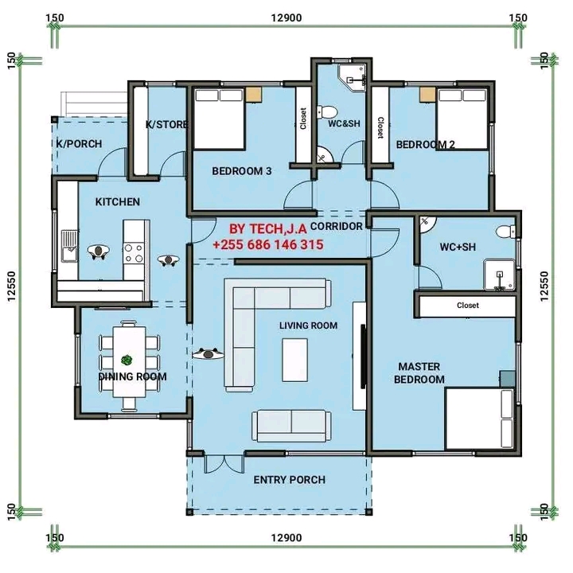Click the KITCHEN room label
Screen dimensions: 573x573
[x=117, y=201]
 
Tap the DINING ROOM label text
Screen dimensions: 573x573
[x=132, y=376]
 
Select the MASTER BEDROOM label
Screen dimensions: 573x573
[x=419, y=372]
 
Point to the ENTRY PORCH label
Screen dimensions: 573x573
[x=290, y=480]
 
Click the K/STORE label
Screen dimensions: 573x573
[x=166, y=125]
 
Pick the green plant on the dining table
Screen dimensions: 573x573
[x=127, y=361]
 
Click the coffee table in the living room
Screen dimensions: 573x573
[x=295, y=360]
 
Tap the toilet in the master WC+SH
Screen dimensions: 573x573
[x=506, y=232]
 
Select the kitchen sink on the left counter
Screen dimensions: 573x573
[x=69, y=246]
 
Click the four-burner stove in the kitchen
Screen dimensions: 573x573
[x=134, y=254]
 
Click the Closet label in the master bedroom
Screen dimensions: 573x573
[x=468, y=305]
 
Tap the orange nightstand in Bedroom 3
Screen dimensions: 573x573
[x=254, y=94]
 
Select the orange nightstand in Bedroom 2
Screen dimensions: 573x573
[x=427, y=94]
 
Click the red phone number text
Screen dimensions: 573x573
[x=268, y=244]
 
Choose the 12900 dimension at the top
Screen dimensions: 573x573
[x=286, y=18]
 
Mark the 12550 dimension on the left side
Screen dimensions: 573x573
[x=12, y=286]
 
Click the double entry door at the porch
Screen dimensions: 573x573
[x=224, y=464]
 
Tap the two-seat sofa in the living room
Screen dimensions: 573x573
[x=291, y=426]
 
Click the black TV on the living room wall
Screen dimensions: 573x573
[x=363, y=357]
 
